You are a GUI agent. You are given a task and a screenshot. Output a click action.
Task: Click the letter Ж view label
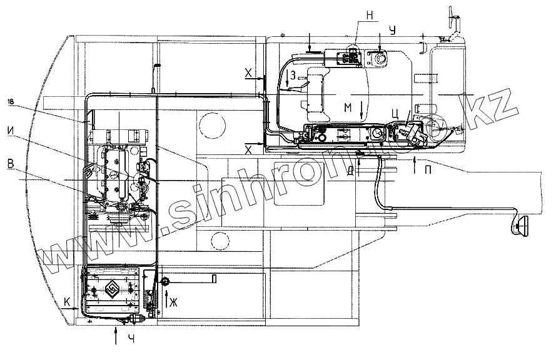[x=173, y=302]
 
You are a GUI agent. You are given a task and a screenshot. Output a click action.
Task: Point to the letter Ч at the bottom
[x=131, y=339]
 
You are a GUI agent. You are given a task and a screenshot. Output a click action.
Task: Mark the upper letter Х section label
[x=248, y=74]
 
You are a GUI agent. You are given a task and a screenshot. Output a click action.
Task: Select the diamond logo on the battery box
[x=113, y=289]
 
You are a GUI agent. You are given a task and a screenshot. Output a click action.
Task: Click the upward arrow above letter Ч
[x=117, y=334]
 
